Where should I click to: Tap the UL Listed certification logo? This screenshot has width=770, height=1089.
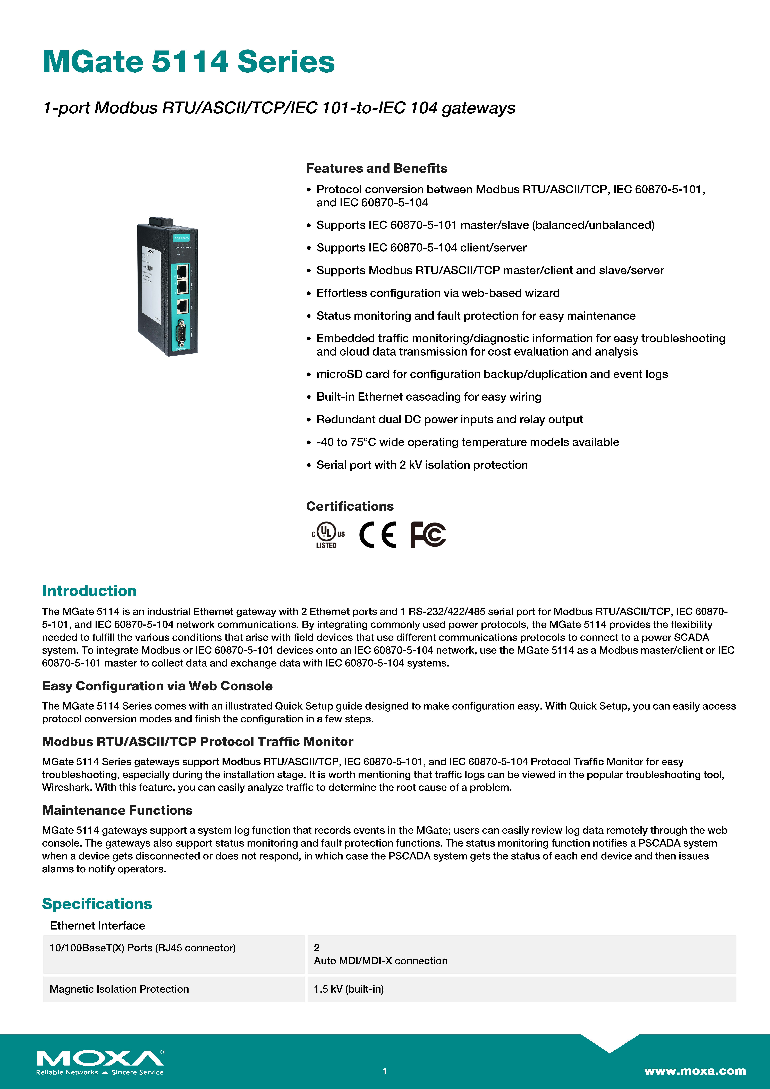coord(327,535)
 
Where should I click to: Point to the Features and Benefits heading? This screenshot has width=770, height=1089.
coord(376,168)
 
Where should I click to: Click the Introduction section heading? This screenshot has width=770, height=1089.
coord(89,590)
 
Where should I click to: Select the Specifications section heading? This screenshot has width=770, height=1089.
coord(97,904)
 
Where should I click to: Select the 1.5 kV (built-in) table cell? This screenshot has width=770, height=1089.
coord(349,989)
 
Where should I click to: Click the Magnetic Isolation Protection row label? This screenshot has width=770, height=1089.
coord(119,989)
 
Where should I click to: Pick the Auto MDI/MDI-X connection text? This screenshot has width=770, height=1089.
coord(380,960)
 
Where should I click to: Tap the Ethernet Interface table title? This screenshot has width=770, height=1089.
coord(97,925)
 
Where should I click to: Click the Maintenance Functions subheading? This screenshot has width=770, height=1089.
coord(117,810)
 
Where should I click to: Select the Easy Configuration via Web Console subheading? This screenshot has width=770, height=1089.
coord(157,686)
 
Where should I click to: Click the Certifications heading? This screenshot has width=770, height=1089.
coord(350,506)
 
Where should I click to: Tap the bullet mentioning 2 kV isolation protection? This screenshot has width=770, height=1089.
coord(422,465)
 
